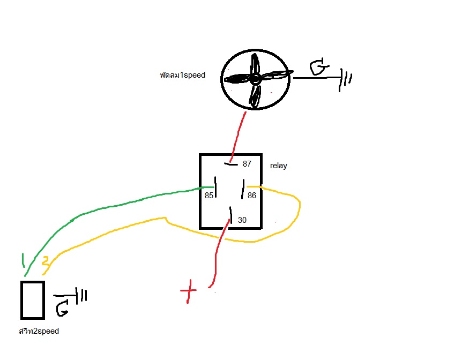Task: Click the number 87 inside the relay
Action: click(247, 164)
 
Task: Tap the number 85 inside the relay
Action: click(209, 196)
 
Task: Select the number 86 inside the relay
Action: click(252, 196)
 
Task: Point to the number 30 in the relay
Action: click(242, 220)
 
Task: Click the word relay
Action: click(279, 166)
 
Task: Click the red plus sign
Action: click(188, 291)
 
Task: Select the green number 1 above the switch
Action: click(23, 260)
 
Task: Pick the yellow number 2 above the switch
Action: click(46, 261)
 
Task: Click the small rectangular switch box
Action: click(33, 300)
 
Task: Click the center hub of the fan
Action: click(255, 79)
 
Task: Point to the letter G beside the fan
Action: click(319, 66)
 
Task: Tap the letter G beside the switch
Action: click(63, 308)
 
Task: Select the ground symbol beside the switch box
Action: click(81, 296)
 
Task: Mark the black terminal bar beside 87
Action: click(231, 164)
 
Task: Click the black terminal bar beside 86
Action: click(243, 189)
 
